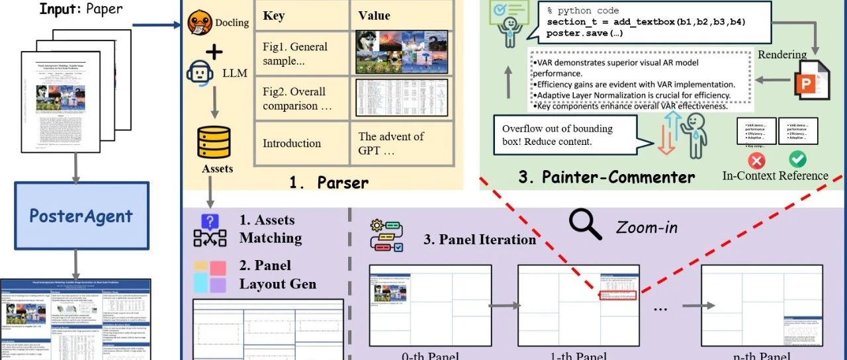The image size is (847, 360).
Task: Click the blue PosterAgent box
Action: [81, 216]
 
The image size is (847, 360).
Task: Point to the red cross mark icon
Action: [756, 159]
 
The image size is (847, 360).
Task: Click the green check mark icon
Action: [798, 159]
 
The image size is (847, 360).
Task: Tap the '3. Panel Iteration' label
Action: [479, 239]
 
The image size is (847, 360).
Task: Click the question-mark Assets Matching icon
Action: [210, 230]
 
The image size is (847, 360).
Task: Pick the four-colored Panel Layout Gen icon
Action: [210, 276]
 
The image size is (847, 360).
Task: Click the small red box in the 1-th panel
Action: [618, 296]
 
